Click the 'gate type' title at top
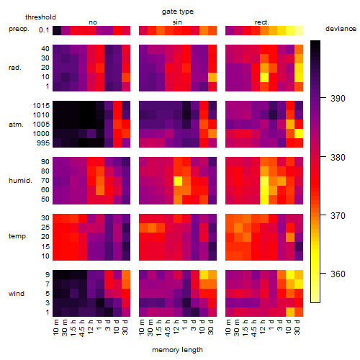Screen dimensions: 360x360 178,12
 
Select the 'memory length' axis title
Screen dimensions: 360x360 177,350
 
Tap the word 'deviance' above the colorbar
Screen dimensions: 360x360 341,29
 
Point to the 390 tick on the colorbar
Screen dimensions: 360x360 323,98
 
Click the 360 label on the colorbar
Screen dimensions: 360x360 338,274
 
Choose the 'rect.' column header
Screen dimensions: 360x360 261,22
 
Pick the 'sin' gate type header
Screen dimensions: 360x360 177,22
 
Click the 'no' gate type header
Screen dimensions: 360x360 93,22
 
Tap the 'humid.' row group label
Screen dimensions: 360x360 20,181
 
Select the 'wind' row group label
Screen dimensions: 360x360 17,294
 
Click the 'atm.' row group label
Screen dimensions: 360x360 16,125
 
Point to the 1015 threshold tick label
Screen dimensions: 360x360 41,106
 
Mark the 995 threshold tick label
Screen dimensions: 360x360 43,143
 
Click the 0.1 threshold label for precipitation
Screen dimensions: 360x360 44,30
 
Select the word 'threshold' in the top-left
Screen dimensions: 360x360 40,17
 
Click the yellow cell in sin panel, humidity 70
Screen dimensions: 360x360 178,181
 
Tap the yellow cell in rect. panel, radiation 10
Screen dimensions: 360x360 264,77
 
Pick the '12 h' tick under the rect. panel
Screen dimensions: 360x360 262,327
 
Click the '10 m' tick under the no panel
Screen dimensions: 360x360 55,328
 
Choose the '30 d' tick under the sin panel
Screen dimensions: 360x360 210,327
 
